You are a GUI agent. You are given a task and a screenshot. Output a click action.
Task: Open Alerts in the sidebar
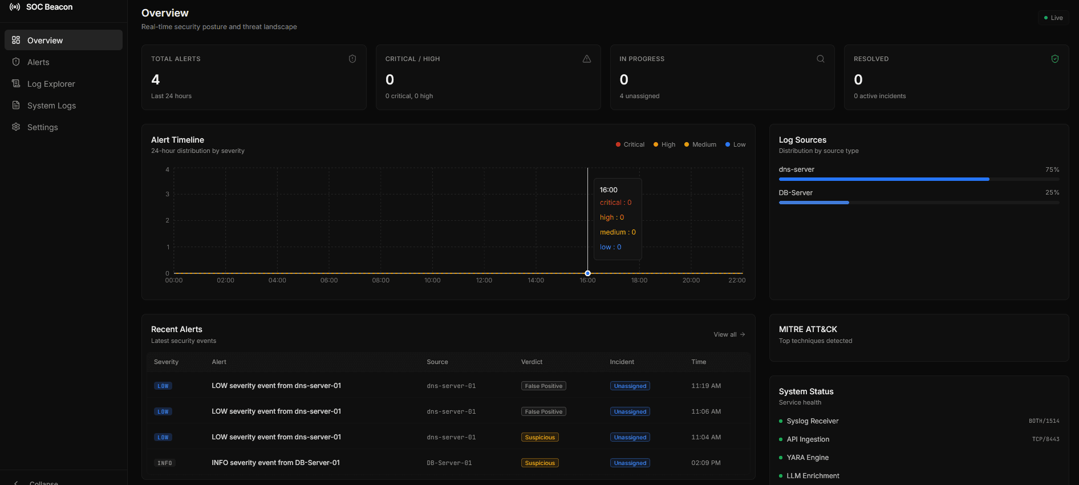point(38,62)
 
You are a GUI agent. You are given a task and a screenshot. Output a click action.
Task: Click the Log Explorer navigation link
point(51,84)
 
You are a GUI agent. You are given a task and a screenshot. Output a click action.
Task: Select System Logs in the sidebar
point(51,106)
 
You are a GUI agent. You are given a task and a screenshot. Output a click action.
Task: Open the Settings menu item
point(42,127)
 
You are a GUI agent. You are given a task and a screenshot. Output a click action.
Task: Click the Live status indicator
point(1053,18)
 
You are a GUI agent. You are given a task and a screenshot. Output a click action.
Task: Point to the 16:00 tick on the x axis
point(587,280)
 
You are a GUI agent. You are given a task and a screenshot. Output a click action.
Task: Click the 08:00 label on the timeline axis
point(380,280)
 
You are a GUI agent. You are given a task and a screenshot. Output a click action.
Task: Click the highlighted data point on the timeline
point(587,273)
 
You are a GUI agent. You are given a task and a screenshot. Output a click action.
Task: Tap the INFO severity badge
point(164,463)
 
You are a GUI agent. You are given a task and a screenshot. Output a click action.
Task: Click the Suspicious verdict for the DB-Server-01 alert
point(539,463)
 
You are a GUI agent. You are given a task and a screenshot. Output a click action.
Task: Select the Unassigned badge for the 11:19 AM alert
point(630,386)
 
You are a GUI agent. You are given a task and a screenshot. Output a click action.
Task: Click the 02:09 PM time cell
point(705,463)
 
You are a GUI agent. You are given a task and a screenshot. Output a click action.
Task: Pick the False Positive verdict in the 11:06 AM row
point(543,411)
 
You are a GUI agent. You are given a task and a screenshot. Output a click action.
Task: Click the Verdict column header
point(532,362)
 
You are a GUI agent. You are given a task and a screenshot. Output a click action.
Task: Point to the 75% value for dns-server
point(1052,169)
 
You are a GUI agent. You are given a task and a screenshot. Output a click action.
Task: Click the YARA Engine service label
point(808,458)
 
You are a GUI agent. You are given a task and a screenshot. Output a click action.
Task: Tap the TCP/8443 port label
point(1045,439)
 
